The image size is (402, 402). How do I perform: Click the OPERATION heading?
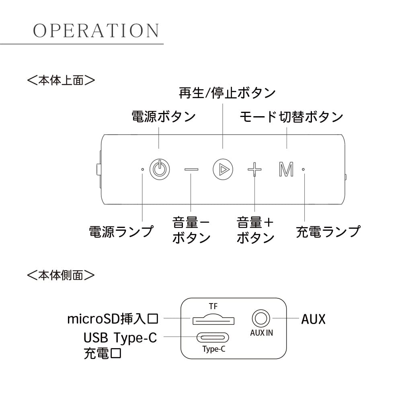[x=96, y=31]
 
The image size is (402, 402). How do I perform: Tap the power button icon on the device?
[x=159, y=169]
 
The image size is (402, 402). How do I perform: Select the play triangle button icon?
[x=222, y=169]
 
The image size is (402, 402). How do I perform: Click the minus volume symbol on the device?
[x=191, y=169]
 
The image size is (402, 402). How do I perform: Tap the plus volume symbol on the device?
[x=254, y=170]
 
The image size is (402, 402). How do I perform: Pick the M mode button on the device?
[x=286, y=170]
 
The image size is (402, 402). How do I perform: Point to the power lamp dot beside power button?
[x=143, y=169]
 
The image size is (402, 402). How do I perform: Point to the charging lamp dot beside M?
[x=304, y=169]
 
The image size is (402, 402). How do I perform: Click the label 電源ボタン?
[x=163, y=117]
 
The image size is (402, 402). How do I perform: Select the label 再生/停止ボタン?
[x=227, y=93]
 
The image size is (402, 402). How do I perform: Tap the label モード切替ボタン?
[x=291, y=117]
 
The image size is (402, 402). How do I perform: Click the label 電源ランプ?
[x=121, y=232]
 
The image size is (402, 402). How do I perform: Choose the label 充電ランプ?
[x=328, y=232]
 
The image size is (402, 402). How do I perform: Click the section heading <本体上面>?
[x=61, y=80]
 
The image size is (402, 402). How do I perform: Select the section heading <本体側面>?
[x=61, y=275]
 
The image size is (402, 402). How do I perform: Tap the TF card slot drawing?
[x=213, y=320]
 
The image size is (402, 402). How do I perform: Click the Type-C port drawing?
[x=214, y=337]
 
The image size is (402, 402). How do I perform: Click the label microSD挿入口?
[x=113, y=320]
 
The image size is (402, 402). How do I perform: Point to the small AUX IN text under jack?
[x=261, y=333]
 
